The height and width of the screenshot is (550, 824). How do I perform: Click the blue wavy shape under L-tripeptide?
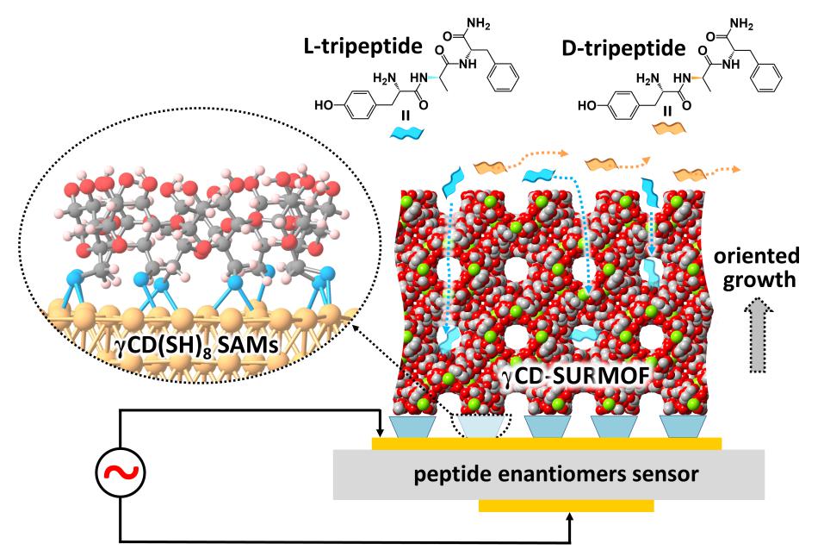[x=403, y=133]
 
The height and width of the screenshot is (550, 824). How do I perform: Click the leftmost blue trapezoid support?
[x=411, y=426]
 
